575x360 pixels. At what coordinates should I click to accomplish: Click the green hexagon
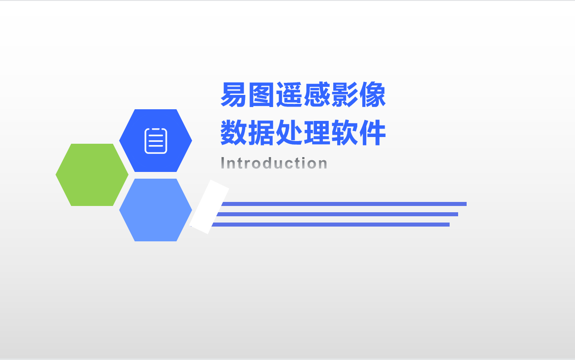pos(92,175)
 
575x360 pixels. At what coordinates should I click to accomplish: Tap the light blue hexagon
pos(155,210)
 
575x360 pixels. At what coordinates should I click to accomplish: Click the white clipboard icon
pos(156,141)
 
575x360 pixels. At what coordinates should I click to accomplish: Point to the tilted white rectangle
pos(210,207)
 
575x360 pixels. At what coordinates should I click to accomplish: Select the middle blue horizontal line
pos(336,214)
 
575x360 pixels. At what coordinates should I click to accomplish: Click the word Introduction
pos(274,163)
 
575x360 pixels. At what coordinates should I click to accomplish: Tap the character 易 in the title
pos(234,95)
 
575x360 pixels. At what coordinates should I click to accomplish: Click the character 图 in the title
pos(262,95)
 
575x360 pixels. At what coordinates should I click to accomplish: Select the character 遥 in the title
pos(289,95)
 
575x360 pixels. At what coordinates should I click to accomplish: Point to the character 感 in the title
pos(317,95)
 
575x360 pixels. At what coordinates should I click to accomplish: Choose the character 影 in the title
pos(345,95)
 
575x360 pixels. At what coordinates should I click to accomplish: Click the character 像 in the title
pos(373,95)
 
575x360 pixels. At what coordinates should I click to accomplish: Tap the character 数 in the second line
pos(234,133)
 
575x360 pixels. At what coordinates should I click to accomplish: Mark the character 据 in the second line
pos(262,133)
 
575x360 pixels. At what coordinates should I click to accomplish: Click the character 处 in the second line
pos(289,133)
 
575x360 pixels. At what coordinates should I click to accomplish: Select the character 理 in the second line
pos(317,133)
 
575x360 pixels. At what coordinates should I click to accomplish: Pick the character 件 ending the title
pos(373,133)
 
